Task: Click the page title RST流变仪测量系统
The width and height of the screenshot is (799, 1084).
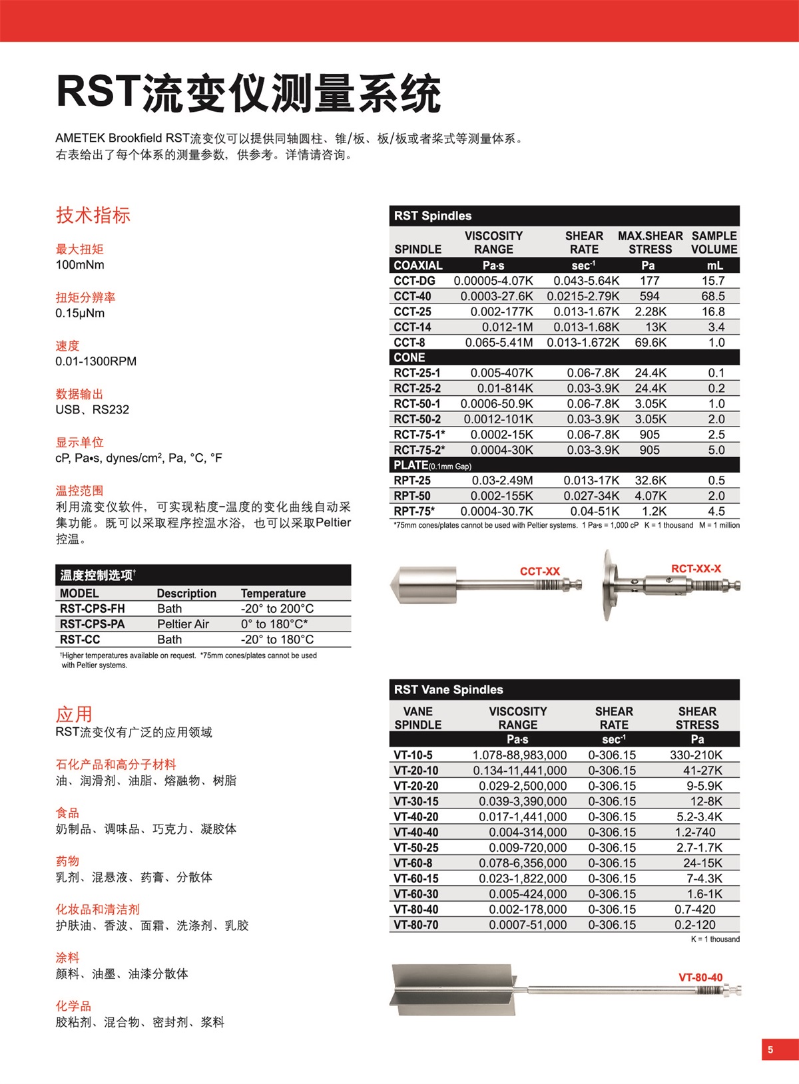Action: click(x=248, y=92)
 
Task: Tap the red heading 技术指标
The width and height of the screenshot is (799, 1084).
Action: click(x=93, y=215)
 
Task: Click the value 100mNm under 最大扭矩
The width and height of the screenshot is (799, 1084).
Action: click(x=80, y=265)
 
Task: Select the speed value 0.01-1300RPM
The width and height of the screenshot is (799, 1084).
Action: click(x=96, y=361)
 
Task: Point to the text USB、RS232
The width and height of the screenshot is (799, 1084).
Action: click(x=92, y=410)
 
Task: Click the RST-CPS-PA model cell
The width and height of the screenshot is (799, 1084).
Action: click(x=92, y=624)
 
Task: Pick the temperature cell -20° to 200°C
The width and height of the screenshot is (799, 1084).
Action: click(x=277, y=609)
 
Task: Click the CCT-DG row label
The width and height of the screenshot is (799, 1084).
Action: click(x=414, y=281)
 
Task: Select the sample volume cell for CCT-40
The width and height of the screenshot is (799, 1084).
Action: click(x=712, y=296)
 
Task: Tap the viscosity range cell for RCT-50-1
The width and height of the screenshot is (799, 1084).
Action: click(x=497, y=404)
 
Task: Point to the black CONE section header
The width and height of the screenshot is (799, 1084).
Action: click(x=409, y=357)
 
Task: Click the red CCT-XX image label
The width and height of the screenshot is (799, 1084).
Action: click(x=540, y=572)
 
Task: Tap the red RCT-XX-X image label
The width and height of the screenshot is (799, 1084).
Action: click(x=696, y=569)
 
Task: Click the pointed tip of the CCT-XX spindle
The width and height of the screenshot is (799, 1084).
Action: click(x=393, y=585)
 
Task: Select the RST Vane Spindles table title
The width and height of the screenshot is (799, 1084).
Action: click(x=448, y=689)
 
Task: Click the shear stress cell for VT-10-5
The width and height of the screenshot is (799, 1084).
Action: click(x=696, y=755)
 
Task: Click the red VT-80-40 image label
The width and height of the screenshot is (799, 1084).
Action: click(x=700, y=978)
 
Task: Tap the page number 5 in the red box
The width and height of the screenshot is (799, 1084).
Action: click(x=770, y=1049)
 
